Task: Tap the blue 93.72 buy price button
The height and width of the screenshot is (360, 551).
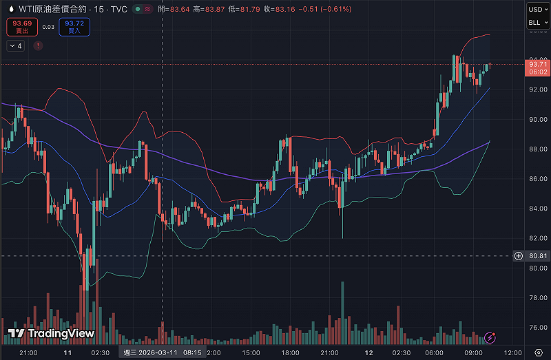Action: [74, 26]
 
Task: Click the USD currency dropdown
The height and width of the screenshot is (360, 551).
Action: [535, 9]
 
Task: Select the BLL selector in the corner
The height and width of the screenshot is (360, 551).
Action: [535, 23]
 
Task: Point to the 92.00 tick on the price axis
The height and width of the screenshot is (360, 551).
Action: [537, 89]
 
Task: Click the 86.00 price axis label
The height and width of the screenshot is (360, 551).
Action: [537, 179]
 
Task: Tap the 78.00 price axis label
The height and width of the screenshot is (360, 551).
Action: [537, 298]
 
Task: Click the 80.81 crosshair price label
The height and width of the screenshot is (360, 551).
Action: [538, 256]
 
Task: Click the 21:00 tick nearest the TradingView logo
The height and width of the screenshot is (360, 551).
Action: [28, 352]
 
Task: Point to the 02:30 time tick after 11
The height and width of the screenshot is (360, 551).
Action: [100, 352]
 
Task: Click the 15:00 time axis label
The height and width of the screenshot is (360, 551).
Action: [251, 352]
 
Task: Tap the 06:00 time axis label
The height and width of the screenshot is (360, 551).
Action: [435, 352]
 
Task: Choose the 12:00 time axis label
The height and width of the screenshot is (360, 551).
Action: [512, 352]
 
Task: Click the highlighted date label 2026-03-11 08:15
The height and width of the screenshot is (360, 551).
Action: [163, 352]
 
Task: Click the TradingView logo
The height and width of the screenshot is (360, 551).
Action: [51, 334]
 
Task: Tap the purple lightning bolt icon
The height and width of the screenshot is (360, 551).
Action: [490, 337]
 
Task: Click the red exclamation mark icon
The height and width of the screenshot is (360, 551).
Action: [38, 45]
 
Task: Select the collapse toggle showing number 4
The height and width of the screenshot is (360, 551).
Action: [15, 45]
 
